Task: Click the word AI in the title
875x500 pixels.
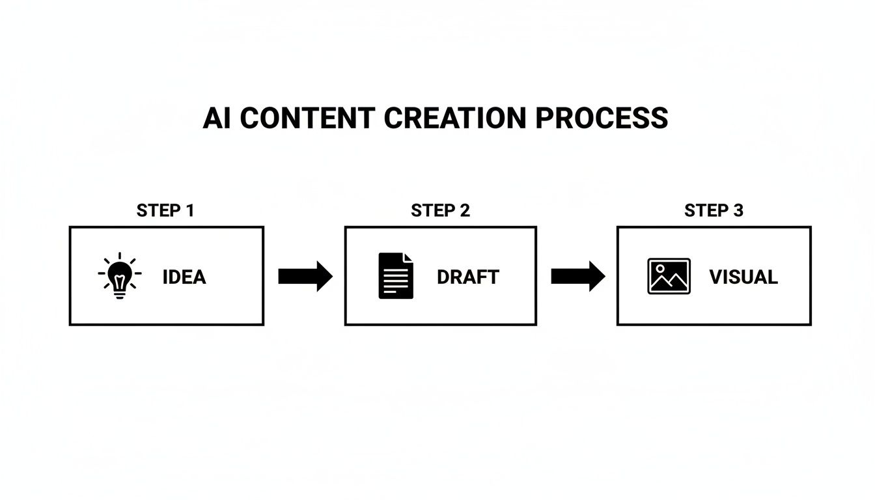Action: [x=217, y=118]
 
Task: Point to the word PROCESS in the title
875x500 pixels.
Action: [x=602, y=118]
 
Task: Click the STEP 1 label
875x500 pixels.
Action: [x=165, y=210]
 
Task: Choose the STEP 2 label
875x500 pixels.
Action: [x=440, y=210]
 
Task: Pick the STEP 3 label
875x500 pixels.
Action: [x=714, y=210]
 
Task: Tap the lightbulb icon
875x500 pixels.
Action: [x=119, y=276]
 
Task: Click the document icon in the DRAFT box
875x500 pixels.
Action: [x=396, y=276]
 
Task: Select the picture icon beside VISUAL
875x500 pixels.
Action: [x=669, y=276]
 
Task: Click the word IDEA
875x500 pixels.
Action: [x=184, y=277]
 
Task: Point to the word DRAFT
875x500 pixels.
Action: [x=467, y=277]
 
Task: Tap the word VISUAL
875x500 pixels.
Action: [x=743, y=277]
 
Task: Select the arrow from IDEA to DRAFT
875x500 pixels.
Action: [x=305, y=276]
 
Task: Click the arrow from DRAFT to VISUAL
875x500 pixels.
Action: [x=577, y=276]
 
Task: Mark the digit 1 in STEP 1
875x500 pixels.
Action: [x=189, y=210]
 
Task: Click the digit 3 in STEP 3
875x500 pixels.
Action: [x=738, y=210]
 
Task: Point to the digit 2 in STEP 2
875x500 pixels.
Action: [x=464, y=210]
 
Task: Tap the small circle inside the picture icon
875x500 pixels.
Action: [x=660, y=268]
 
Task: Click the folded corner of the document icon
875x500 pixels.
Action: [x=408, y=258]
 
